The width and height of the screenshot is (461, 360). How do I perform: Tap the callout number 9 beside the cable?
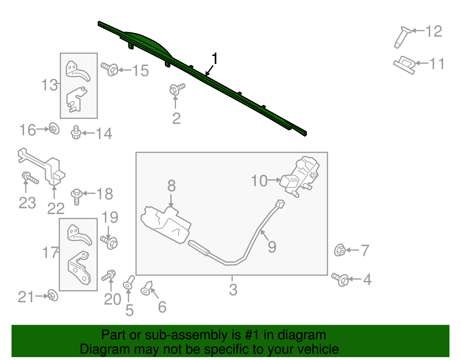272,247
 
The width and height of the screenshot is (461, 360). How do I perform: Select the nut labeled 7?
340,250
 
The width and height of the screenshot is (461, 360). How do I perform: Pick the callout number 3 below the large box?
233,290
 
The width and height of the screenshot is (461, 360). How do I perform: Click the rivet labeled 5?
129,282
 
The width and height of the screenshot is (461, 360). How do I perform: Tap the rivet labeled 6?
147,288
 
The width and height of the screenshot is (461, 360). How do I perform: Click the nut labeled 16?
54,129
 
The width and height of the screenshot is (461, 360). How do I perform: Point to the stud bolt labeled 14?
76,133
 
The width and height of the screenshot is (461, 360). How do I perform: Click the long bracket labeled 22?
43,167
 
